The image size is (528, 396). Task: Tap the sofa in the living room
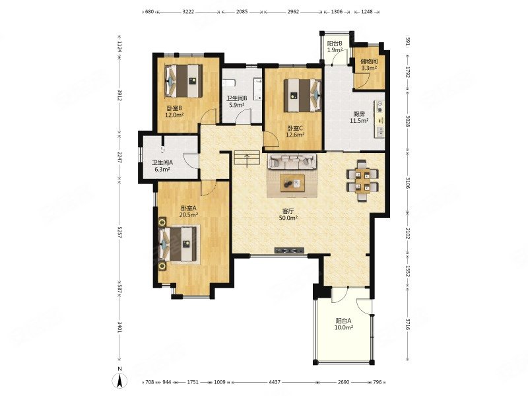coord(292,162)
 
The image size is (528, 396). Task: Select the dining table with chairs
coord(362,180)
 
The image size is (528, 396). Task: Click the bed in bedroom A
coord(178,244)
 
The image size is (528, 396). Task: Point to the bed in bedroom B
coord(184,81)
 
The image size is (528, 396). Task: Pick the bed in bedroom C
coord(303,95)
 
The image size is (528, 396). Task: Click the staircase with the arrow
coord(247,159)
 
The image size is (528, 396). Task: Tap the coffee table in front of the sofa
coord(292,183)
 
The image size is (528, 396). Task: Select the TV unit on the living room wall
coord(289,250)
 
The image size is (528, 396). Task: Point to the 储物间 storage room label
coord(368,61)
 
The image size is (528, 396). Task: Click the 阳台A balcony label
coord(343,321)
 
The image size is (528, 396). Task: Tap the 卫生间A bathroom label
coord(162,162)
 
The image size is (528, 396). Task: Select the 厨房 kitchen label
coord(359,114)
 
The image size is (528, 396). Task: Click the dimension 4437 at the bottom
coord(275,382)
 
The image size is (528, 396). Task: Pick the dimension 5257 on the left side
coord(119,232)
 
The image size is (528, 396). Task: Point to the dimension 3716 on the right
coord(407,324)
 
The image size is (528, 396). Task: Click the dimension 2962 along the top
coord(293,11)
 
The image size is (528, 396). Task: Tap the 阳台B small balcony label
coord(335,44)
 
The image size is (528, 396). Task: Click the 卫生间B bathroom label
coord(237,98)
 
